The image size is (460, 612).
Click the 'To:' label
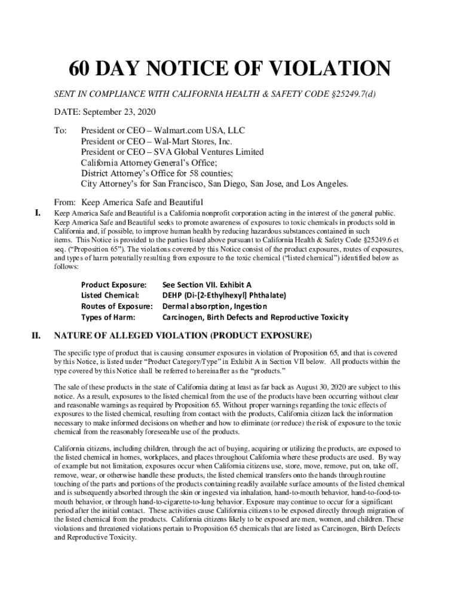coord(60,130)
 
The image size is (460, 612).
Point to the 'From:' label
coord(66,201)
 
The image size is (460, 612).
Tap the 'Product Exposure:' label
coord(114,285)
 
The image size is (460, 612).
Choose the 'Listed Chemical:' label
coord(110,296)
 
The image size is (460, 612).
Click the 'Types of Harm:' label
coord(108,317)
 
